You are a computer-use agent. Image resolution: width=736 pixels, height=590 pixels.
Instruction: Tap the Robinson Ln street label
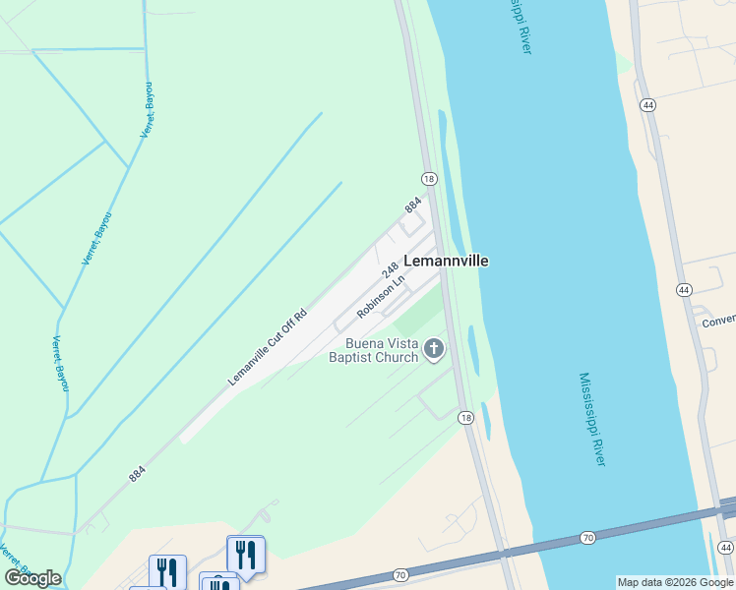click(x=381, y=296)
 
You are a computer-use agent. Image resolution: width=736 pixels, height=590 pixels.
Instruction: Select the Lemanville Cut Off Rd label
click(x=268, y=347)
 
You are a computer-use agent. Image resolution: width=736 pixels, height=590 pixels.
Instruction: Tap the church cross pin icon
click(x=433, y=348)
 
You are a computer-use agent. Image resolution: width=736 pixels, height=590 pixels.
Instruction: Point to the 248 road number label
click(x=390, y=268)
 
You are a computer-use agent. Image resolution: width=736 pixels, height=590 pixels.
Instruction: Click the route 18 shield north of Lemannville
click(x=429, y=179)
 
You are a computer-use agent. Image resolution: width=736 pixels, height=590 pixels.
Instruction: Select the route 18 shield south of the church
click(x=465, y=418)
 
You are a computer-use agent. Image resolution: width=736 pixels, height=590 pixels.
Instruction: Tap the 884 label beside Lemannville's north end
click(x=413, y=206)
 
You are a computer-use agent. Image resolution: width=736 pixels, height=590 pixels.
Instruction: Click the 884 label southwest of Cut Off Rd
click(x=137, y=474)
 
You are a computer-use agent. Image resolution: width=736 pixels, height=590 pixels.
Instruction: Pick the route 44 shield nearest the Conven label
click(x=684, y=290)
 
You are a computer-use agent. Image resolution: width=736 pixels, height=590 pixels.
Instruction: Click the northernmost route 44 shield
click(x=647, y=104)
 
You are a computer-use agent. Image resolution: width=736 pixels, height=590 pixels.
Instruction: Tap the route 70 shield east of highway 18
click(x=587, y=538)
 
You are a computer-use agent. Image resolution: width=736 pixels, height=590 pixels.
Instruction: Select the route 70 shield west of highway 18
click(x=400, y=574)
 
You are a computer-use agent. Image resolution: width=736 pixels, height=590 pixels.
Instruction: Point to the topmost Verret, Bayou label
click(x=147, y=109)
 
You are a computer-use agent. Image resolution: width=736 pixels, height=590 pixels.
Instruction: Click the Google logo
click(x=32, y=578)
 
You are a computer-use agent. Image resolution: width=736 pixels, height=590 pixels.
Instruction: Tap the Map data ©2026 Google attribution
click(x=675, y=582)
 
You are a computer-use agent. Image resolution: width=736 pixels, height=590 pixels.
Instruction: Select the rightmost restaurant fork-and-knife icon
click(x=244, y=555)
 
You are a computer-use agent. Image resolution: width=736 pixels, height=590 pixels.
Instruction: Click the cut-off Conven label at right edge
click(x=718, y=322)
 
